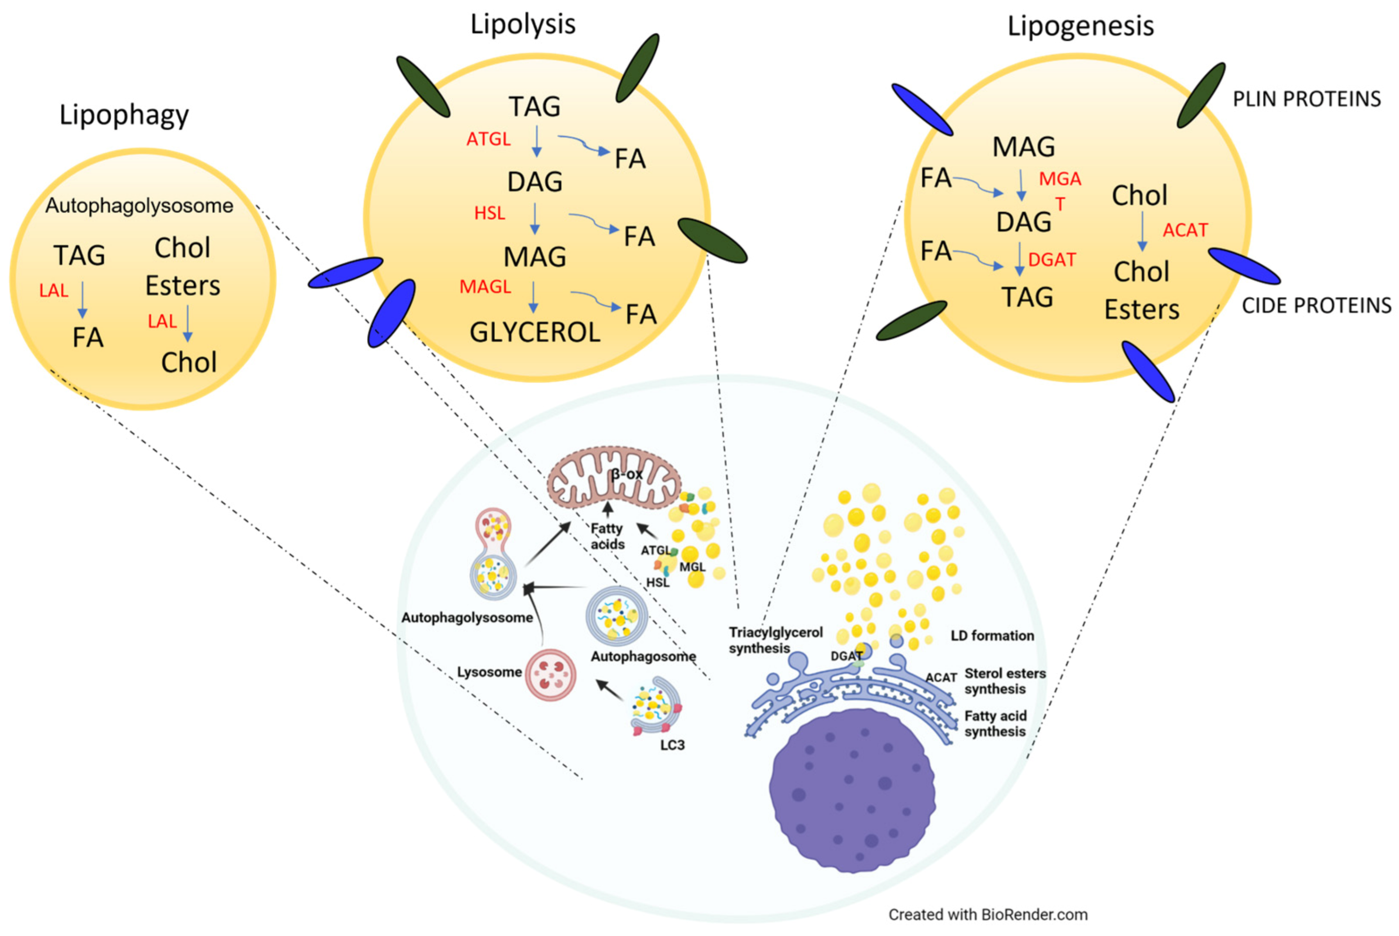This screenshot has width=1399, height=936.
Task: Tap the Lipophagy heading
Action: point(124,115)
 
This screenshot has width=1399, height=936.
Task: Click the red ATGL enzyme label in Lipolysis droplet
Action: point(488,139)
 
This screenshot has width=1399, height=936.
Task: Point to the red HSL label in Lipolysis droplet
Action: point(489,213)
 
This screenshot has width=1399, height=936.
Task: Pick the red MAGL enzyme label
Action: point(484,287)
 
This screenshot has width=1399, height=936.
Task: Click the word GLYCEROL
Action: point(535,332)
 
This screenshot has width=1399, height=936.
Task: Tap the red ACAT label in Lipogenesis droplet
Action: point(1185,230)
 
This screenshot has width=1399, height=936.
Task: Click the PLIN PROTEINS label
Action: point(1306,99)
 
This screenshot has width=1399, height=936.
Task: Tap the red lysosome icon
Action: point(550,675)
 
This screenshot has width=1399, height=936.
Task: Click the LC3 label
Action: point(672,745)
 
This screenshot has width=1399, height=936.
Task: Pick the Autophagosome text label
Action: point(643,657)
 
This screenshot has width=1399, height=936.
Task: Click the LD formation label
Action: point(991,636)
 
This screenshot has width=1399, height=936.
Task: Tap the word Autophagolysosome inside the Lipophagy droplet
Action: point(139,206)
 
